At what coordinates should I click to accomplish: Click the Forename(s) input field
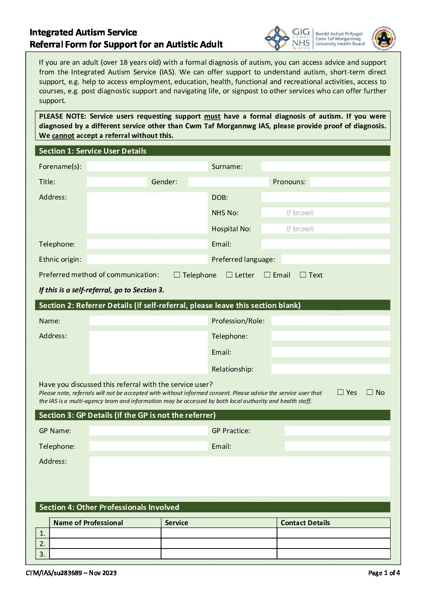click(x=147, y=166)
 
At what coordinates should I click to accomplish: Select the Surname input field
click(x=325, y=166)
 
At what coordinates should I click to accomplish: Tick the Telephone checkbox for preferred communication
click(x=177, y=275)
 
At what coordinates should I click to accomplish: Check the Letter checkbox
click(x=230, y=275)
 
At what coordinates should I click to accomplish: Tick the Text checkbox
click(x=303, y=275)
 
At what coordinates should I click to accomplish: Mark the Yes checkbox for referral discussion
click(x=341, y=392)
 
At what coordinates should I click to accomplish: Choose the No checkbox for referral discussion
click(x=370, y=392)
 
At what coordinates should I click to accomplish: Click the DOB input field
click(x=325, y=197)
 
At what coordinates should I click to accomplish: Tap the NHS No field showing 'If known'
click(x=325, y=213)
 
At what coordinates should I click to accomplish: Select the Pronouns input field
click(x=350, y=182)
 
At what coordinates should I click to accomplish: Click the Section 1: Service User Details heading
click(x=93, y=151)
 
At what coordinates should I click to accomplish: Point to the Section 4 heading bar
click(x=213, y=507)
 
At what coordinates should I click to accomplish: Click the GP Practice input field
click(x=337, y=431)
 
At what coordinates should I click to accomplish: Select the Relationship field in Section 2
click(x=330, y=369)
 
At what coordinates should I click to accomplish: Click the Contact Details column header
click(x=305, y=523)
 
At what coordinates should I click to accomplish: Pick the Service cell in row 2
click(x=219, y=544)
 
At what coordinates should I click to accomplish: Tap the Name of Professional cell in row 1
click(x=105, y=533)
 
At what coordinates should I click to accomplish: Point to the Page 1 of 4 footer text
click(x=384, y=573)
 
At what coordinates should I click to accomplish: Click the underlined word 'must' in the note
click(x=212, y=117)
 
